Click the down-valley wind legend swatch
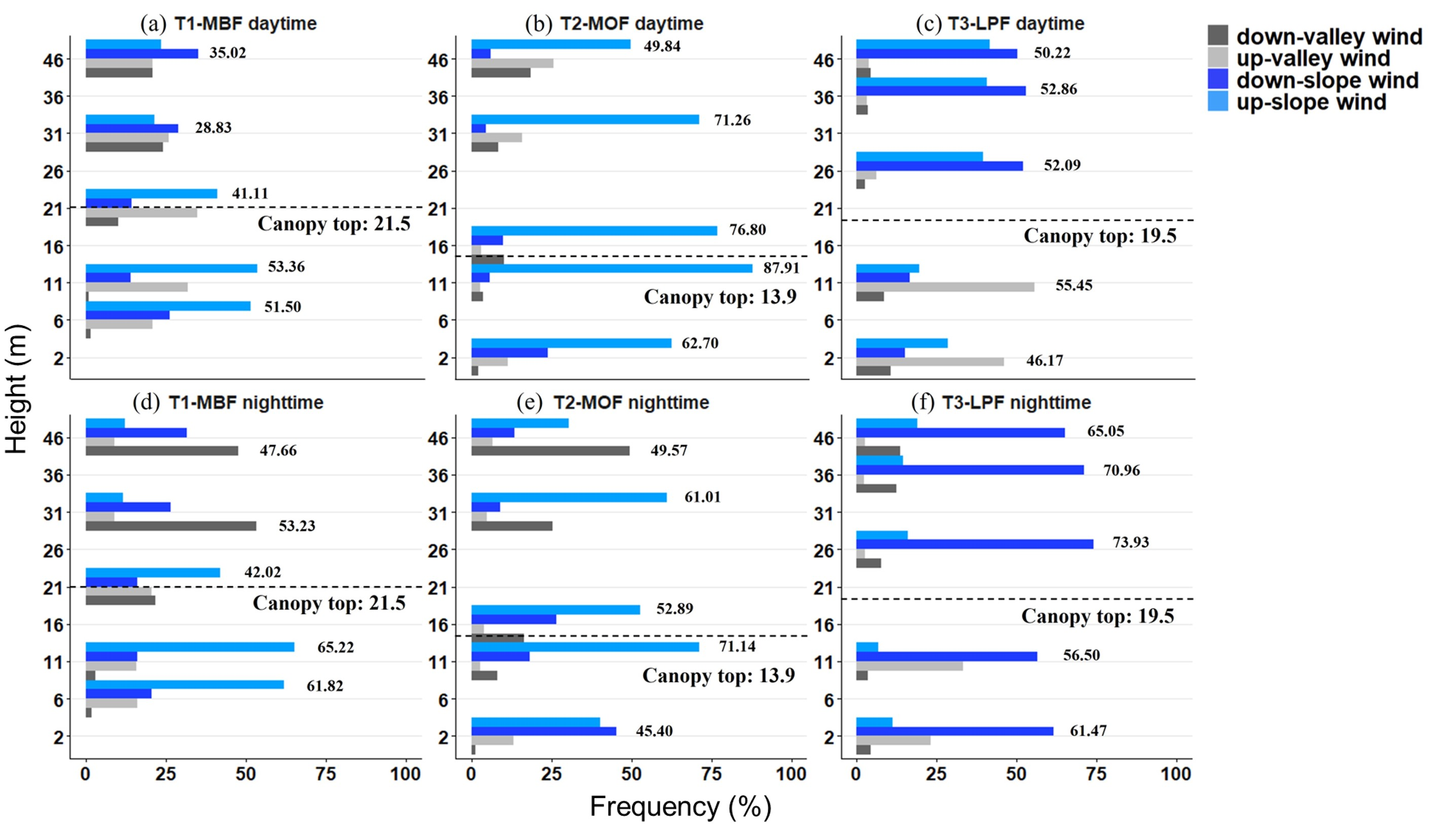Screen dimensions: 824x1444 [1218, 35]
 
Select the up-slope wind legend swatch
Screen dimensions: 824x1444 [1218, 101]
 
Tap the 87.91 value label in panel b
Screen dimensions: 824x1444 [781, 268]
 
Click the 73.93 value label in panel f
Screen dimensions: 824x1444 [1131, 542]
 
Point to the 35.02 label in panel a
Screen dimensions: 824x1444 [228, 53]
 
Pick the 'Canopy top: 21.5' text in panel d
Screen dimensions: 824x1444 [329, 603]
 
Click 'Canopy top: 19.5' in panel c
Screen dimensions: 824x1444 [1099, 236]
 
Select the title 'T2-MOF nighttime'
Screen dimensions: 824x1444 [631, 403]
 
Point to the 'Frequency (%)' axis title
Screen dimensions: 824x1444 [680, 806]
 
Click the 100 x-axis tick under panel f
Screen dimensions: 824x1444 [1176, 774]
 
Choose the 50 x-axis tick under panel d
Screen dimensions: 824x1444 [245, 774]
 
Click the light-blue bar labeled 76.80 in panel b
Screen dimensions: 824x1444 [594, 231]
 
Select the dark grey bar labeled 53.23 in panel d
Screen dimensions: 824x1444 [170, 526]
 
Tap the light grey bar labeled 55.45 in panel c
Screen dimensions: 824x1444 [945, 287]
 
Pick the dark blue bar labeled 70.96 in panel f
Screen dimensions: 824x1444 [969, 470]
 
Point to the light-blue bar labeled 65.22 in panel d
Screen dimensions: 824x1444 [190, 647]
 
